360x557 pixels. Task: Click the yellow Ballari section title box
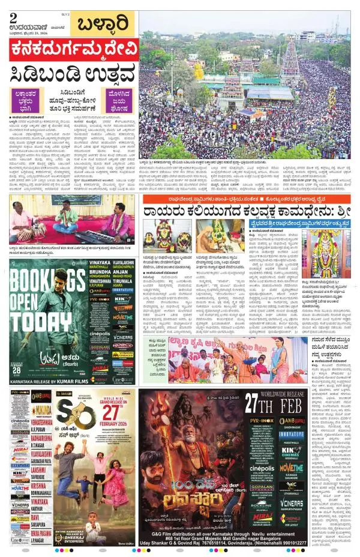(103, 25)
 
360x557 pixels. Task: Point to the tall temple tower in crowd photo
(290, 60)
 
